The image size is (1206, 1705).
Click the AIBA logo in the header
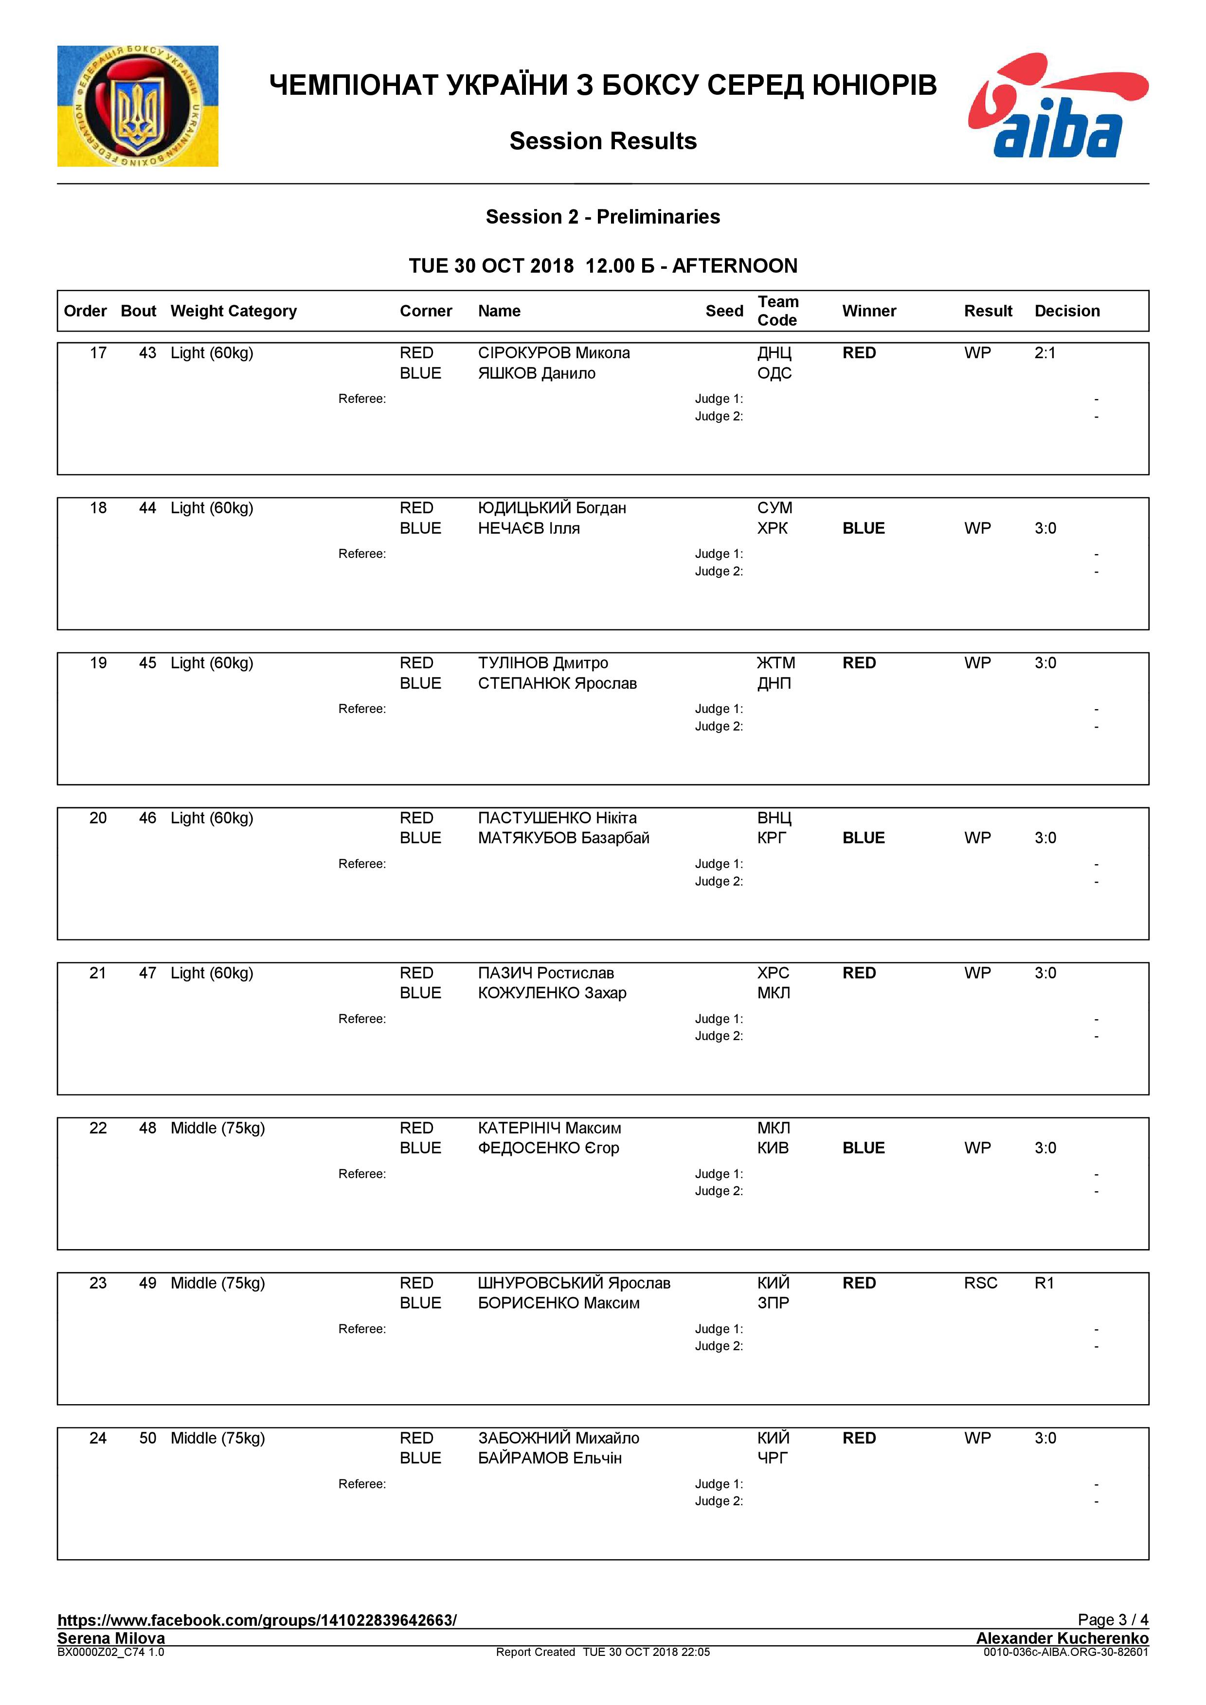1058,106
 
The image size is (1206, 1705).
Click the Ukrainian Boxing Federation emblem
138,106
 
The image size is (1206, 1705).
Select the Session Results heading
603,141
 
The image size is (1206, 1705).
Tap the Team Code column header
777,311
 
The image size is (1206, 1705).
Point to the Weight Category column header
234,311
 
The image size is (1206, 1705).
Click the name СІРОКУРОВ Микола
554,353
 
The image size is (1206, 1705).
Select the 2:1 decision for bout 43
1045,353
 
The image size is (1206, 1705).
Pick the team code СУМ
774,508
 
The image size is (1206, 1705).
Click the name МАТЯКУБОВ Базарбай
563,837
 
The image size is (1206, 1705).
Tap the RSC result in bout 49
980,1283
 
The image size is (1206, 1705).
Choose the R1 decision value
1044,1283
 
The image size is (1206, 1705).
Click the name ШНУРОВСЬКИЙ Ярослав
574,1283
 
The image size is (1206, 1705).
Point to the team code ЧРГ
772,1458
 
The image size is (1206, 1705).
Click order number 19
98,663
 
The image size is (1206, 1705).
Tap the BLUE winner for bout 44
864,528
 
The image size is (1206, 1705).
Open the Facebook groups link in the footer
257,1619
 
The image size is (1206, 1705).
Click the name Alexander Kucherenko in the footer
1062,1637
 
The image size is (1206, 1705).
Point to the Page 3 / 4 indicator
1113,1619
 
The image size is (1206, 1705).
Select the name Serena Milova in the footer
111,1637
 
